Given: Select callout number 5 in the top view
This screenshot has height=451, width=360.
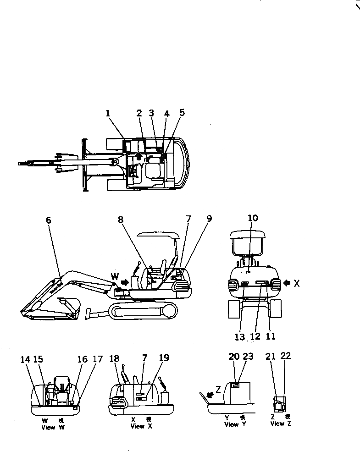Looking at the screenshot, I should [x=182, y=112].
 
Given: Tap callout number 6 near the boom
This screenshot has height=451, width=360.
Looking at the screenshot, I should [x=49, y=220].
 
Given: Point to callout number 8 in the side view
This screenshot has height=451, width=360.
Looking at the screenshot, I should [x=120, y=220].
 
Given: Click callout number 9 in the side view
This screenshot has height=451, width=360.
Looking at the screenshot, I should [x=209, y=219].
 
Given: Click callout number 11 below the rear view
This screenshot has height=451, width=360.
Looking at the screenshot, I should [x=271, y=336].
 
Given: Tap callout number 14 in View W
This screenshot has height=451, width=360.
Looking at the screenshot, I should [x=26, y=360].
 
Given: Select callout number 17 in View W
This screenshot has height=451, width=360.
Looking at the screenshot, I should [x=98, y=360].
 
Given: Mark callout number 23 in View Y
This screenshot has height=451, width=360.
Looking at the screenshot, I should [x=248, y=356].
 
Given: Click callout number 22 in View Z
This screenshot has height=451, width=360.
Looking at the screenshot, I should [x=286, y=356].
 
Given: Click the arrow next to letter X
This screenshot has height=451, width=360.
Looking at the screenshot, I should [x=287, y=283].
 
